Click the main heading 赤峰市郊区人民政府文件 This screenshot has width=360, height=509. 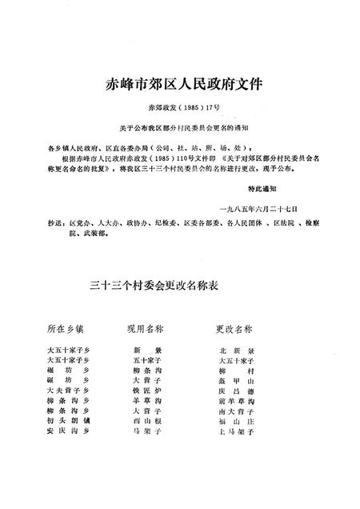(x=179, y=83)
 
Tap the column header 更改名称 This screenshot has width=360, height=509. (x=235, y=329)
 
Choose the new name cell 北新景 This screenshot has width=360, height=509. (x=237, y=351)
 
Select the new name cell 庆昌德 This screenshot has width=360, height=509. (x=237, y=391)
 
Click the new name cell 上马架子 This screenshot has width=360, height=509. (x=237, y=431)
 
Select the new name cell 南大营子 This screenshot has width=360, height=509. (x=237, y=411)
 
